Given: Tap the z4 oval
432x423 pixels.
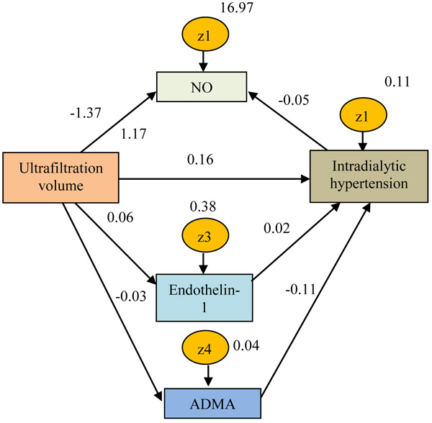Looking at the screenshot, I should coord(205,352).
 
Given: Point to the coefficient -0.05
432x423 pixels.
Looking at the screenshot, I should coord(295,100).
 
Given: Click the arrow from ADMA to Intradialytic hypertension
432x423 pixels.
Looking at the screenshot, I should coord(317,299).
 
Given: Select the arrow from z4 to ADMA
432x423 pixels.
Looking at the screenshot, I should coord(207,378).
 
